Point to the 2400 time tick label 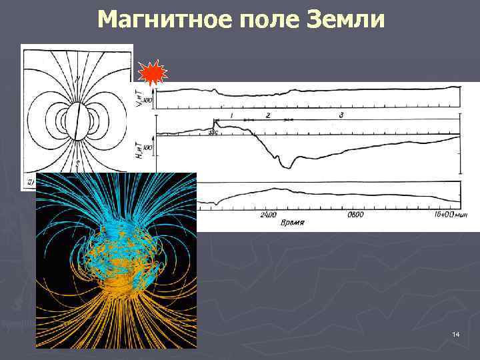[268, 215]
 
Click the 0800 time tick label [355, 215]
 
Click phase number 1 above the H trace [230, 115]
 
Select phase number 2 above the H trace [267, 115]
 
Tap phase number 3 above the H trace [341, 115]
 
